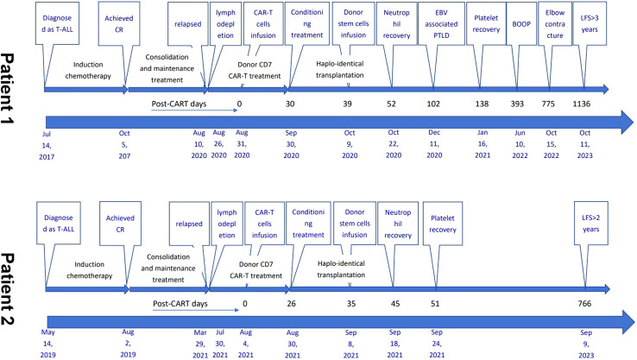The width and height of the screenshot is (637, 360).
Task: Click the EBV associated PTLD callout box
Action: [x=441, y=23]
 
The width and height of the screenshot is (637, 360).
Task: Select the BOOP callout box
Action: [x=521, y=24]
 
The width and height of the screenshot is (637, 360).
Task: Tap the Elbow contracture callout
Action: [x=555, y=23]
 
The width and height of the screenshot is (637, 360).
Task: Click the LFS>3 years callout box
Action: [x=590, y=23]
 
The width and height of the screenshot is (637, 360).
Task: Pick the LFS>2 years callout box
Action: [x=590, y=223]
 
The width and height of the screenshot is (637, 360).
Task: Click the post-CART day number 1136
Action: [x=582, y=104]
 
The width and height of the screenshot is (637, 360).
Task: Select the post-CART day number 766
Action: [x=584, y=304]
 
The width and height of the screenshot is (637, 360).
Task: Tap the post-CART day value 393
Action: [x=517, y=104]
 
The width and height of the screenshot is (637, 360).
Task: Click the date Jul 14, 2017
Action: [x=47, y=145]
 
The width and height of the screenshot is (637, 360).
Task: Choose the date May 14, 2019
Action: [x=48, y=344]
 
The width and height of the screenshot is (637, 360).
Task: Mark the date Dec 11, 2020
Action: [x=434, y=144]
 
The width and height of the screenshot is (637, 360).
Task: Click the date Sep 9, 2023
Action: [x=586, y=344]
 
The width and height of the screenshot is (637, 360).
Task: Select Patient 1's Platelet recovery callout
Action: [x=486, y=23]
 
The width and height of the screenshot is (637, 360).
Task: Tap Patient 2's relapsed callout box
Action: [x=189, y=224]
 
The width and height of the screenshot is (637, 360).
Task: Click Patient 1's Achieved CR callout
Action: [x=119, y=23]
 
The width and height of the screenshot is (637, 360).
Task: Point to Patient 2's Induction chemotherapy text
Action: [x=90, y=270]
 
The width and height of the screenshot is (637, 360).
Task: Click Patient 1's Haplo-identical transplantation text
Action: [x=340, y=69]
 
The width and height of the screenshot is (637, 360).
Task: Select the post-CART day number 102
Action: [x=433, y=104]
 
